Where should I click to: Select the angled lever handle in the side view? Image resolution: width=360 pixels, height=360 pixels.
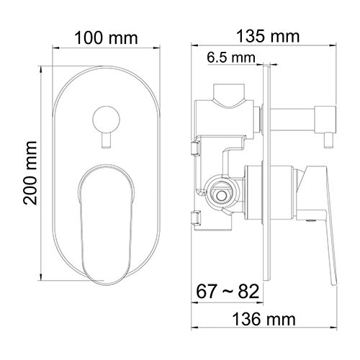324,216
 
